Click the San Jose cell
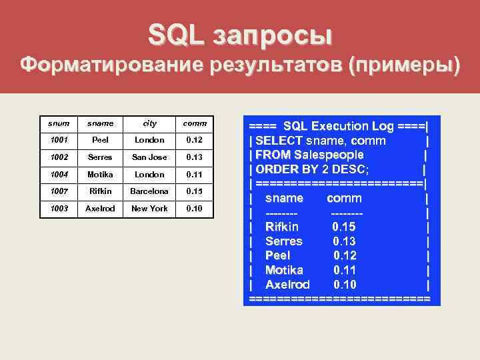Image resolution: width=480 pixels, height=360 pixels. point(149,157)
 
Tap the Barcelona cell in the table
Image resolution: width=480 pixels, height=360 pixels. point(149,191)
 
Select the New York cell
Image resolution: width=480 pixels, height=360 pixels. point(149,209)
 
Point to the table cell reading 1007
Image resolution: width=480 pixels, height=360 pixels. point(59,191)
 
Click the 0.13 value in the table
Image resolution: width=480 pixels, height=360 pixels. point(194,157)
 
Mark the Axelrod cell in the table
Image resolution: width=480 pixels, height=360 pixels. point(100,209)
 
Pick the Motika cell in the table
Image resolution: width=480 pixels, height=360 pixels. point(100,174)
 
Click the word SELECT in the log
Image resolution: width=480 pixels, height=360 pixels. point(279,141)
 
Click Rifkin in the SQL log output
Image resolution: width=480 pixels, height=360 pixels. point(281,227)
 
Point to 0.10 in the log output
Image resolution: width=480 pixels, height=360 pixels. point(345,285)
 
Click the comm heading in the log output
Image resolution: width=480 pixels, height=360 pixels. point(344,198)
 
